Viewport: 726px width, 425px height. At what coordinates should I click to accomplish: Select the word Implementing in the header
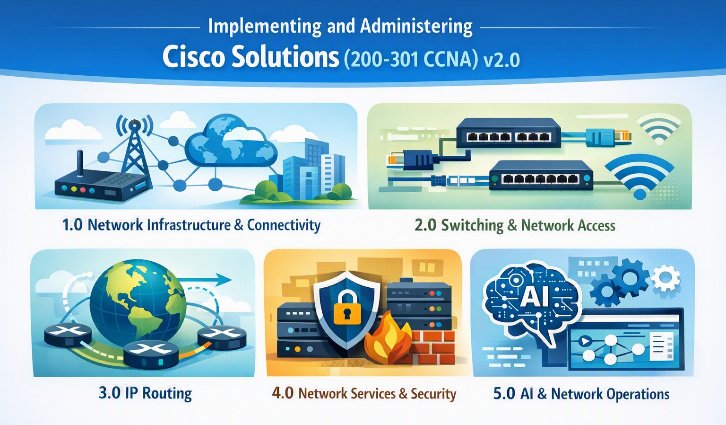click(264, 27)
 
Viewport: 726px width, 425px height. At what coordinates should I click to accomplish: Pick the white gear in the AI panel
click(665, 277)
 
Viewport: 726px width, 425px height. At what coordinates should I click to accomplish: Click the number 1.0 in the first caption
click(72, 225)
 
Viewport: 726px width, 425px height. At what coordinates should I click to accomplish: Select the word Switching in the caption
click(472, 226)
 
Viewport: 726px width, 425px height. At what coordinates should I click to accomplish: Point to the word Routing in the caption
click(167, 394)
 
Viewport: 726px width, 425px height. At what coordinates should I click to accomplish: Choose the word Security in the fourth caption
click(433, 394)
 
